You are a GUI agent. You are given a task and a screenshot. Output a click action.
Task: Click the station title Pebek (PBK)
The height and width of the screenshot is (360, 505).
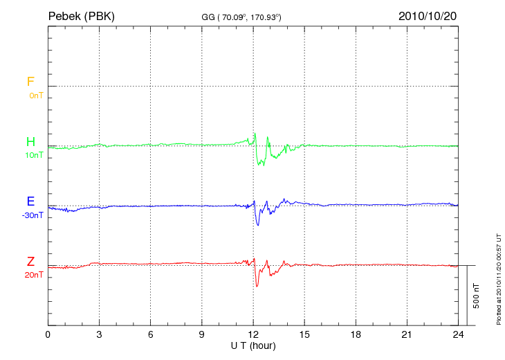click(80, 16)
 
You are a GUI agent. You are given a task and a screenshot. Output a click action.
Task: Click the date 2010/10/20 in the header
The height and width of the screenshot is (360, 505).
click(428, 16)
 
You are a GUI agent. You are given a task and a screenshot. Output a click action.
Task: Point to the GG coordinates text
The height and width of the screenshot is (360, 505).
click(241, 17)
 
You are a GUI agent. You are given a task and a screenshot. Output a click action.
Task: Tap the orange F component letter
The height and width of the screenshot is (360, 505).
click(30, 82)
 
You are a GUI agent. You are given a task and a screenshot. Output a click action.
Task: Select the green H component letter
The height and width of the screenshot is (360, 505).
click(30, 142)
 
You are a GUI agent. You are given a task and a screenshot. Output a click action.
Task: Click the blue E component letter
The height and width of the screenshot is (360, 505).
click(30, 202)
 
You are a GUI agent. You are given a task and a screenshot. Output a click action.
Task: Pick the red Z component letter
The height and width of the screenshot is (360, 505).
click(30, 262)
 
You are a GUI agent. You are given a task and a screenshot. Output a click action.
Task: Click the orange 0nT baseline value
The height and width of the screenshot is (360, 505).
click(35, 95)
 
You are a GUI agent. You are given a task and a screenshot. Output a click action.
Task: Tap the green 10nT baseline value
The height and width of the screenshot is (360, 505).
click(34, 155)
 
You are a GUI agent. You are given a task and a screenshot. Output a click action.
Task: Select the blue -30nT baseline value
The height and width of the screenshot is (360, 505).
click(33, 215)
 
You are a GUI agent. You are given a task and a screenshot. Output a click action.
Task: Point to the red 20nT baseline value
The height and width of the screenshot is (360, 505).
click(34, 275)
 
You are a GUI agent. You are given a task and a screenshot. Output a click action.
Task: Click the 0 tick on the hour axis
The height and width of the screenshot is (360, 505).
click(48, 334)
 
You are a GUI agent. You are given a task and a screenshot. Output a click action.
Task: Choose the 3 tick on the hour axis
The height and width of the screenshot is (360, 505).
click(99, 334)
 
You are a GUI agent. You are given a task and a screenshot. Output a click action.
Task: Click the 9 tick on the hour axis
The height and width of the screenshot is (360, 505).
click(202, 334)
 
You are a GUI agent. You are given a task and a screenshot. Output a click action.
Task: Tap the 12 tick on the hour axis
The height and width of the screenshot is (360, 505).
click(253, 334)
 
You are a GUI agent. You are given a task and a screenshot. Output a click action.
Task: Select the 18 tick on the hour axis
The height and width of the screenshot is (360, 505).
click(356, 334)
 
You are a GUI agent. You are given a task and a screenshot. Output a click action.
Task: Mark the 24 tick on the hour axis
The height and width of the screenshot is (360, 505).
click(458, 334)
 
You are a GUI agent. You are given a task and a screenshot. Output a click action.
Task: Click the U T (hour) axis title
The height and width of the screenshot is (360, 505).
click(252, 345)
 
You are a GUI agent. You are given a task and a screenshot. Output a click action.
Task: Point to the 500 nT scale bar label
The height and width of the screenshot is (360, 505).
click(476, 296)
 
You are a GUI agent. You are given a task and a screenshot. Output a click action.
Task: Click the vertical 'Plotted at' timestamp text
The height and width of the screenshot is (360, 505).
click(498, 277)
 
